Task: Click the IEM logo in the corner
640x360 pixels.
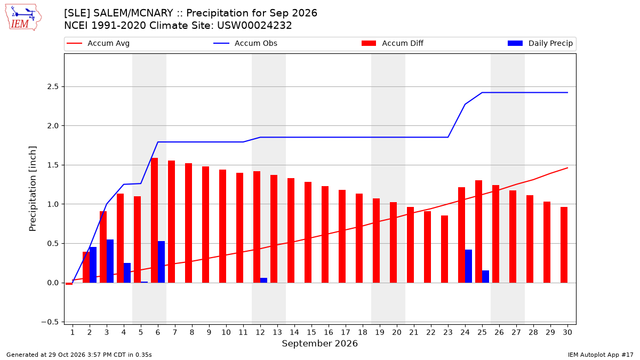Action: point(23,18)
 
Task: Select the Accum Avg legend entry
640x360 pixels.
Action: point(98,43)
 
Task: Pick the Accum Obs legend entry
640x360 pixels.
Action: point(245,43)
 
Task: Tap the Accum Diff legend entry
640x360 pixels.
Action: point(393,43)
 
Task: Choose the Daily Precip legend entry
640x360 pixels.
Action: point(540,43)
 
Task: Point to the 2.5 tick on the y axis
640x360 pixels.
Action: point(53,86)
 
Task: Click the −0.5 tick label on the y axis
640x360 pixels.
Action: point(50,322)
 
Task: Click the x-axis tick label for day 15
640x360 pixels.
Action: point(311,332)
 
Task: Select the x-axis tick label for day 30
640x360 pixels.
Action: point(567,332)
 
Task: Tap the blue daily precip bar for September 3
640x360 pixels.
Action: point(110,261)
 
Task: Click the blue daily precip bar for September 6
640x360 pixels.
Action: point(161,262)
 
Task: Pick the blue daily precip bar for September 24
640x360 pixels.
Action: point(469,266)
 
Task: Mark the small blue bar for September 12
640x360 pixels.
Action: point(263,281)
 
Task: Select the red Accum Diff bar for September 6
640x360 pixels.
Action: point(154,220)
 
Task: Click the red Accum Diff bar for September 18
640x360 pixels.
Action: point(359,238)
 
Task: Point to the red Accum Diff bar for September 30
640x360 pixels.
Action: point(564,245)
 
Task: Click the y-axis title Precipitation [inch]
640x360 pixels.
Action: point(33,189)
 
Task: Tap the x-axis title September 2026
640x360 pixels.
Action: point(319,343)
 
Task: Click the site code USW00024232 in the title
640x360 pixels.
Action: point(254,26)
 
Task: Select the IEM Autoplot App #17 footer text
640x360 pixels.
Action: point(601,355)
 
